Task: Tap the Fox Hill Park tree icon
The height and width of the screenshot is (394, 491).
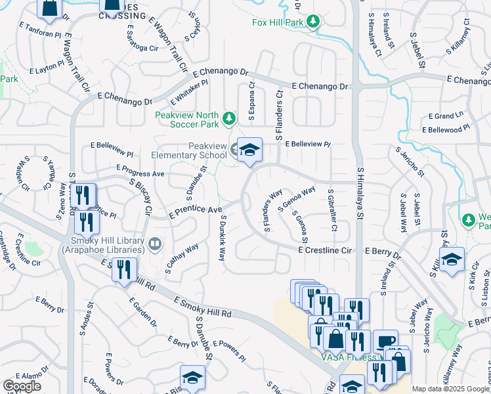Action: point(314,22)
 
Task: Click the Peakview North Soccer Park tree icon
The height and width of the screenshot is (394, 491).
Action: point(228,118)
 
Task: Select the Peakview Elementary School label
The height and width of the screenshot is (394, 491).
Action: point(189,150)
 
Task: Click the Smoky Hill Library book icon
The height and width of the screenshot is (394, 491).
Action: point(155,244)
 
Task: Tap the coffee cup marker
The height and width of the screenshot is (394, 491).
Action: point(385,341)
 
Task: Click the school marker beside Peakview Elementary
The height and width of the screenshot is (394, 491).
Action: point(249,150)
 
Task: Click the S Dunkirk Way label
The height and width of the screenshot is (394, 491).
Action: point(222,238)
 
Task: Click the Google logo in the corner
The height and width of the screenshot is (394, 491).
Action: point(22,386)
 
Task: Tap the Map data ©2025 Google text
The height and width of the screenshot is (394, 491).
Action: point(450,389)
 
